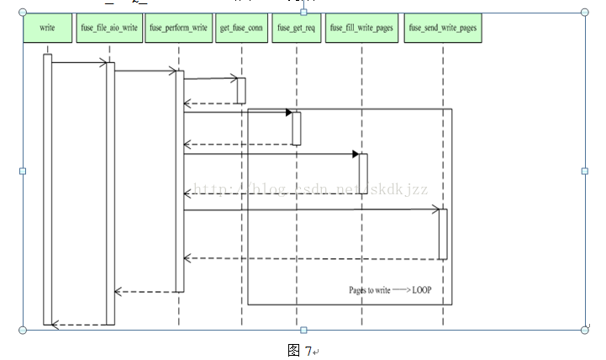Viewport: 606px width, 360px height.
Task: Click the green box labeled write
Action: point(47,28)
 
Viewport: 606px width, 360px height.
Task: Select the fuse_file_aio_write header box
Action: point(109,28)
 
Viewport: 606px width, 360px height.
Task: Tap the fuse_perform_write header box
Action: point(178,28)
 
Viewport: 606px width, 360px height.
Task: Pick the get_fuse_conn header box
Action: point(240,28)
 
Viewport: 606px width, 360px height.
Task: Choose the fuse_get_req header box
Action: point(295,28)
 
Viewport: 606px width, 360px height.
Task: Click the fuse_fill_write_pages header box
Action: point(361,28)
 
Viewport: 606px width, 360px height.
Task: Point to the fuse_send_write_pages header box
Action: point(443,28)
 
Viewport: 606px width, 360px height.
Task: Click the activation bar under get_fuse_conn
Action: point(241,91)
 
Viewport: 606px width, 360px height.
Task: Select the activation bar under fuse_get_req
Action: point(296,128)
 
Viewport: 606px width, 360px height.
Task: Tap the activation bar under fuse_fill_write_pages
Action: point(363,173)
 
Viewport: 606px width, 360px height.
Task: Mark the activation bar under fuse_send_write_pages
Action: point(443,234)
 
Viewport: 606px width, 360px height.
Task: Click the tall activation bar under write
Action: point(48,189)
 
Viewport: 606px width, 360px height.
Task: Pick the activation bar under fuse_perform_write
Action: point(179,181)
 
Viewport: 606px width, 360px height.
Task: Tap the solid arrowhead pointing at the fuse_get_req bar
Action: point(288,112)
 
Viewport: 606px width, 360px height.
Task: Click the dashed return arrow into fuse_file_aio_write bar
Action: point(148,292)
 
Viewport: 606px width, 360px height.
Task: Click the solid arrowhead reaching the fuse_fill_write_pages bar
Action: point(356,154)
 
